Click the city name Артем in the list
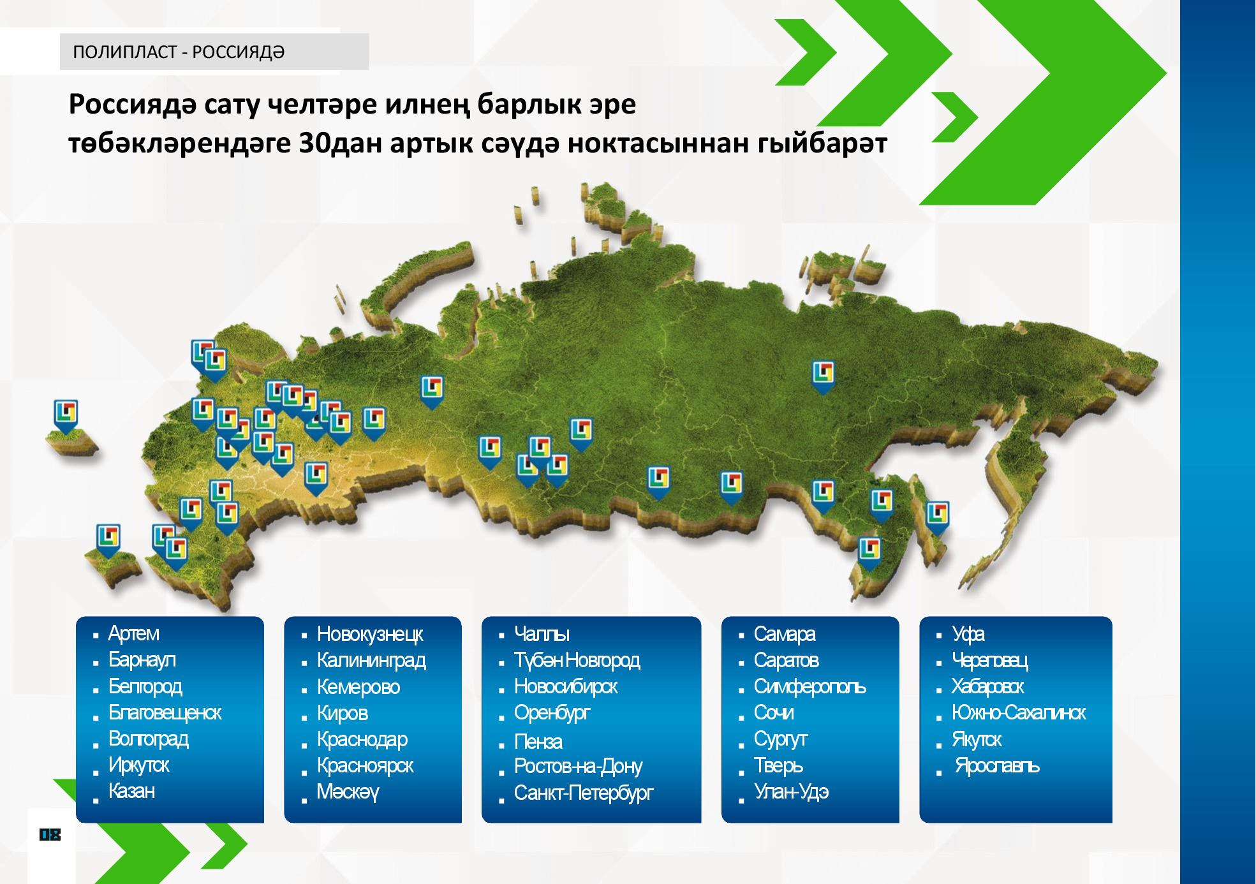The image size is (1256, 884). tap(133, 633)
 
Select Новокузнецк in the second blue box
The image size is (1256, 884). tap(370, 634)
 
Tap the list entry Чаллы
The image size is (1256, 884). tap(542, 634)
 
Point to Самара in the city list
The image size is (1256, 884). tap(785, 634)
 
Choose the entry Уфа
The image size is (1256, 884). tap(968, 634)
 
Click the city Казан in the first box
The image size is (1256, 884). tap(131, 791)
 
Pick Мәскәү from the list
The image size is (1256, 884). tap(348, 792)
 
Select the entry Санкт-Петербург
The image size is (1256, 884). tap(584, 793)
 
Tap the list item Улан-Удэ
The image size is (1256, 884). tap(791, 792)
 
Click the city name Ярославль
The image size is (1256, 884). tap(997, 765)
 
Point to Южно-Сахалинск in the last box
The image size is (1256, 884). tap(1019, 712)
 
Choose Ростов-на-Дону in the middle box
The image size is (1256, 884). tap(578, 766)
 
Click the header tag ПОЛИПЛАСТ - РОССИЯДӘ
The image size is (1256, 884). tap(179, 52)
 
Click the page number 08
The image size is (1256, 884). tap(50, 834)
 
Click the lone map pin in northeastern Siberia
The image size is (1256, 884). tap(823, 377)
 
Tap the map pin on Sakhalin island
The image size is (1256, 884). tap(937, 517)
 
